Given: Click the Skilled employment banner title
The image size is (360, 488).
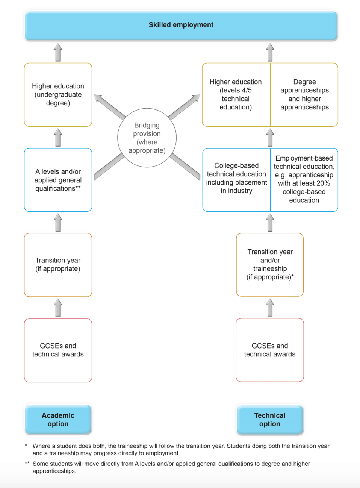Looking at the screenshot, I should [181, 25].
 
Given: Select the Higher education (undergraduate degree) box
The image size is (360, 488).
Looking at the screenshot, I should [58, 95].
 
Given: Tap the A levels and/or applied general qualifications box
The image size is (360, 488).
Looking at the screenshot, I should [58, 180].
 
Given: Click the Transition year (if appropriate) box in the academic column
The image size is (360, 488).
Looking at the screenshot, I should [58, 265].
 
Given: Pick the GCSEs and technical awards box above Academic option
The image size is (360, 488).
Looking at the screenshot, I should [58, 350].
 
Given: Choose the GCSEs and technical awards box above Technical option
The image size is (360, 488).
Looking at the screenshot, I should [269, 350].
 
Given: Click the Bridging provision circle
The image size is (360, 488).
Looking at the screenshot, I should [147, 138].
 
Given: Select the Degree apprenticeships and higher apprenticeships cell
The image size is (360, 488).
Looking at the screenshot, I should [304, 95].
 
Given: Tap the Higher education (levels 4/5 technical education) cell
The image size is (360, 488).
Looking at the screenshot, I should [236, 95].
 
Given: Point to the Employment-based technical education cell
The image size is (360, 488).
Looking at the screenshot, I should [304, 179].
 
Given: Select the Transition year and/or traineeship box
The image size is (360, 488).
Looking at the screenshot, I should [270, 265].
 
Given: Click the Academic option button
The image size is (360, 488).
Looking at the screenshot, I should [58, 420].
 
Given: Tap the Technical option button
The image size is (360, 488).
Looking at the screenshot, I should [269, 420].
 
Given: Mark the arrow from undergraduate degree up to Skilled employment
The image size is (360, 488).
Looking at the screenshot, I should [58, 52].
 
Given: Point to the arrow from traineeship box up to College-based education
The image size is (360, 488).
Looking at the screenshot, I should [270, 223].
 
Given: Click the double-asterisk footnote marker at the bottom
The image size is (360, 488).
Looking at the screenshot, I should [27, 464].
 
